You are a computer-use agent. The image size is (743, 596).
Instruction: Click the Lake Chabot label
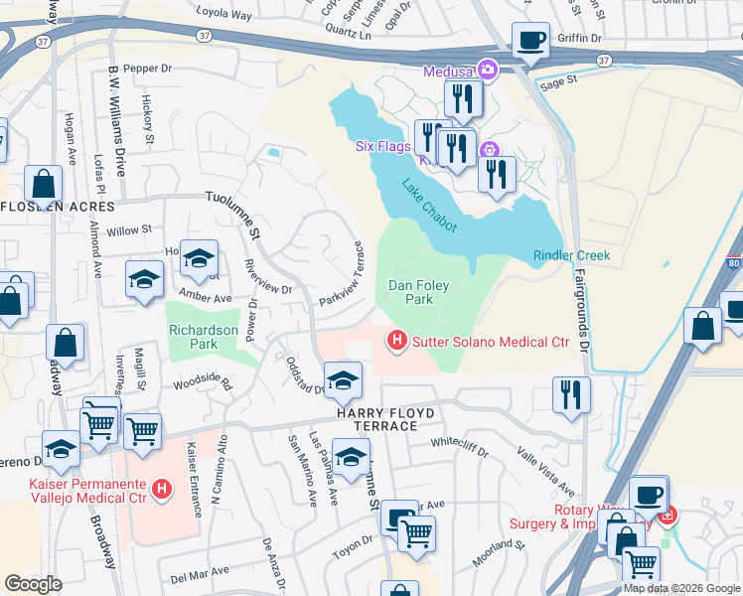click(430, 206)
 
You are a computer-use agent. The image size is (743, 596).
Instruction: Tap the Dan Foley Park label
click(419, 292)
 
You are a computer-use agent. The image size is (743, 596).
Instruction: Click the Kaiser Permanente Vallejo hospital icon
click(164, 490)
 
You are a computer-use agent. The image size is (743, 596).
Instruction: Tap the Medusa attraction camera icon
click(488, 71)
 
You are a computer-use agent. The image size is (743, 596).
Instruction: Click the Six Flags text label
click(383, 146)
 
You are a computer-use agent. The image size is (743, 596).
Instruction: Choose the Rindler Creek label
click(571, 255)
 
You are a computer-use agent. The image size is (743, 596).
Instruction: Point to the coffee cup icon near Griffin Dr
click(530, 42)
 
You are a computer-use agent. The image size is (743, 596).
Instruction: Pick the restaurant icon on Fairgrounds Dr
click(571, 394)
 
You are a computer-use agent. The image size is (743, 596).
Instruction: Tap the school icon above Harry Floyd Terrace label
click(343, 380)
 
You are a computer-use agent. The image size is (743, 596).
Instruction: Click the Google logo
click(33, 584)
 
